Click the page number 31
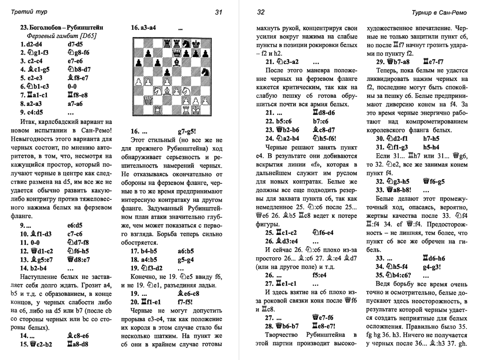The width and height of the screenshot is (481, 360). pyautogui.click(x=218, y=12)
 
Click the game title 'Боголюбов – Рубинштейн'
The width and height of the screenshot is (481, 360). pyautogui.click(x=62, y=28)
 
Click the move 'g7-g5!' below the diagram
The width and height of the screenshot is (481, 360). pyautogui.click(x=186, y=131)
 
